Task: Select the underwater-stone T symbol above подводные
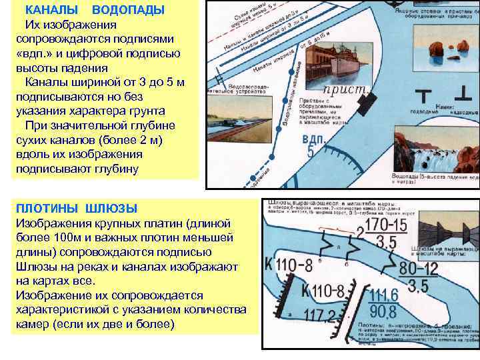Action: [x=421, y=93]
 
